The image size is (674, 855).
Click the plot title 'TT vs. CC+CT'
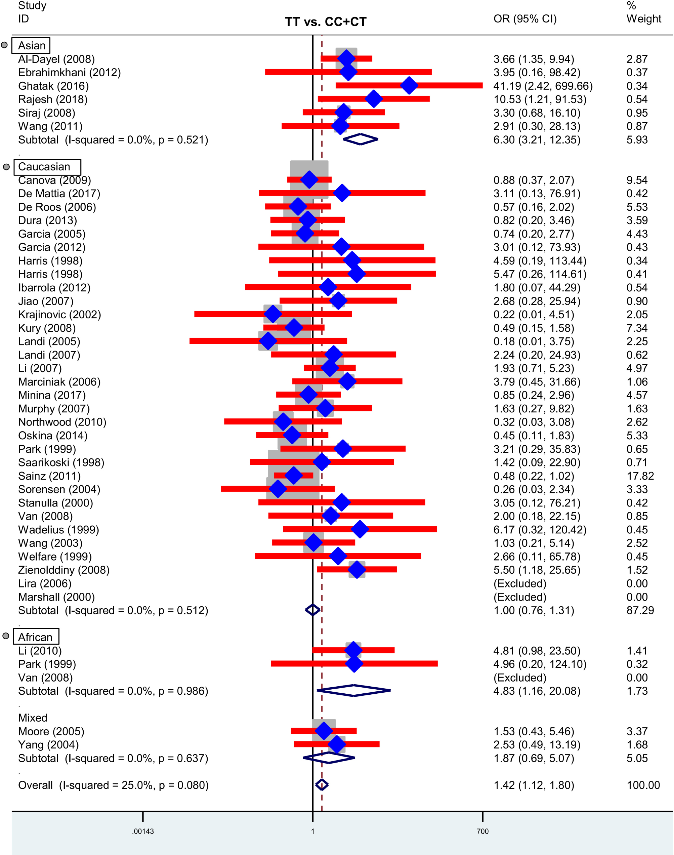[326, 22]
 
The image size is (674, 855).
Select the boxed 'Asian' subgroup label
[31, 45]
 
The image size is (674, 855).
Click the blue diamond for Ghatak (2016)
[409, 86]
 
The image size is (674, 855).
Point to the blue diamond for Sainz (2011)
[294, 475]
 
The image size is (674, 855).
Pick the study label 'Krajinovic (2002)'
[59, 315]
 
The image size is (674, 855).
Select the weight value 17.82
[640, 476]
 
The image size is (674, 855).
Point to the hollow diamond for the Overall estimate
[322, 785]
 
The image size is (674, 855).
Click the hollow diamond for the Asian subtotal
[361, 139]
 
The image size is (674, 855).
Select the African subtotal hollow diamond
[353, 690]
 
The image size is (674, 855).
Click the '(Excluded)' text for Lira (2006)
[520, 583]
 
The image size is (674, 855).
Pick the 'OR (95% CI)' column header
[525, 19]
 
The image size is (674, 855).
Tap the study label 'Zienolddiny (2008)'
[64, 570]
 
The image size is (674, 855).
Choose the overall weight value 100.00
[643, 785]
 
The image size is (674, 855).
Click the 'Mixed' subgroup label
[33, 718]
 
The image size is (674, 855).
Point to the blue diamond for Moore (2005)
[324, 731]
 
